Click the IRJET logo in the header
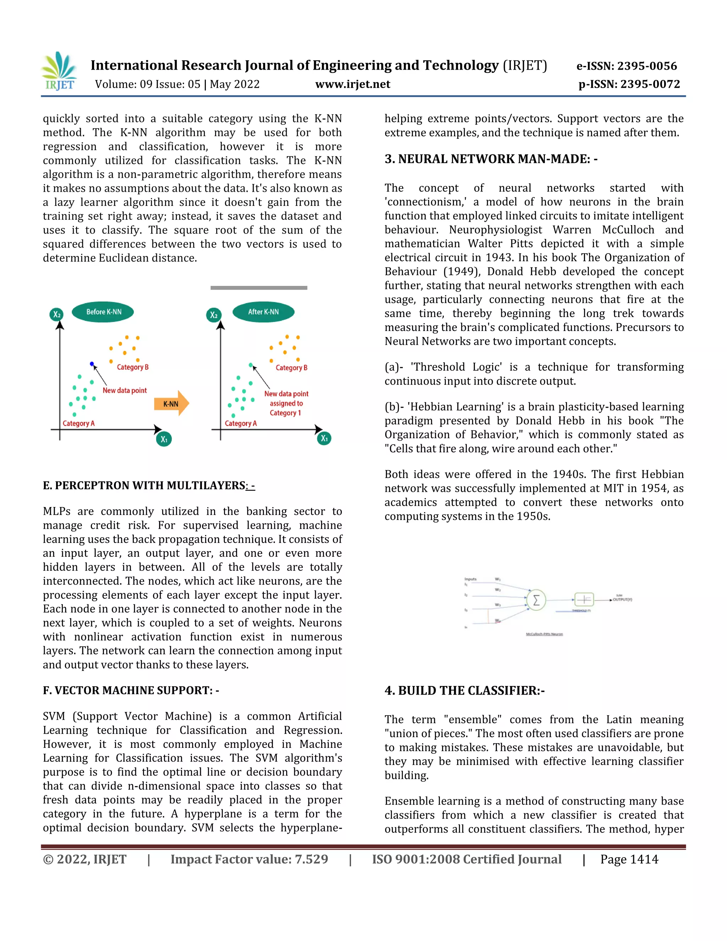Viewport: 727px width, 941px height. click(59, 71)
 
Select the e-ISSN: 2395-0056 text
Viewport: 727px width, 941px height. click(627, 66)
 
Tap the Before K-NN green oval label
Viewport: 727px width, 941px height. click(103, 312)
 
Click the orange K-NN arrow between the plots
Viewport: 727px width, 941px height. click(171, 404)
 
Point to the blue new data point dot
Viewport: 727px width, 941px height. click(92, 364)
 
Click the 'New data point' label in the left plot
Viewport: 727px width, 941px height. click(125, 390)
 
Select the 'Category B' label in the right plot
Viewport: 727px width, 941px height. click(291, 368)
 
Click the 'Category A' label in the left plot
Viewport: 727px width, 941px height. click(78, 424)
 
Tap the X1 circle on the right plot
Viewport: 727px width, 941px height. click(324, 439)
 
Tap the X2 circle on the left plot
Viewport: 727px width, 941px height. click(56, 314)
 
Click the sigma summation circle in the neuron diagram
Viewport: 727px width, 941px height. click(536, 600)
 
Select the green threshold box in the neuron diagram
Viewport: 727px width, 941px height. click(584, 599)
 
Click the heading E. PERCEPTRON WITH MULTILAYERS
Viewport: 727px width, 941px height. click(149, 485)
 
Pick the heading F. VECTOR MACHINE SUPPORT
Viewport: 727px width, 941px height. click(131, 691)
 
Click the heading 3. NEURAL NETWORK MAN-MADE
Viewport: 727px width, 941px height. click(491, 159)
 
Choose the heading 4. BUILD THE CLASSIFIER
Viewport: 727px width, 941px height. click(464, 691)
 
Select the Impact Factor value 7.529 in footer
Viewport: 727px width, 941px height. click(249, 860)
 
